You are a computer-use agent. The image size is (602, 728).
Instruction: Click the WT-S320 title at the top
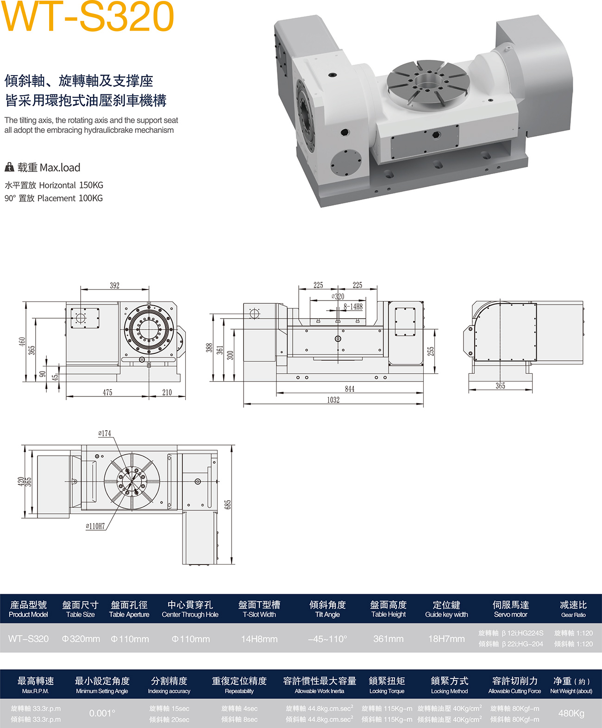[x=88, y=16]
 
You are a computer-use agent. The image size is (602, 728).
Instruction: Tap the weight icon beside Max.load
[x=9, y=167]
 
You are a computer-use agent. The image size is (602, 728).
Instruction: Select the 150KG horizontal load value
[x=91, y=185]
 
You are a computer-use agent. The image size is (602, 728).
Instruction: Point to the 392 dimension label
[x=115, y=286]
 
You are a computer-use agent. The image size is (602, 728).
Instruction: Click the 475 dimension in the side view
[x=107, y=393]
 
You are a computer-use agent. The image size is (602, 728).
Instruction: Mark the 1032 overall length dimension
[x=333, y=400]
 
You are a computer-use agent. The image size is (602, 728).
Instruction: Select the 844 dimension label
[x=350, y=389]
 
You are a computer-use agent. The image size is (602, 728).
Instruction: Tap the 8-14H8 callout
[x=353, y=307]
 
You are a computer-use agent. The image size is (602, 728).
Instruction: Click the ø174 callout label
[x=105, y=433]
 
